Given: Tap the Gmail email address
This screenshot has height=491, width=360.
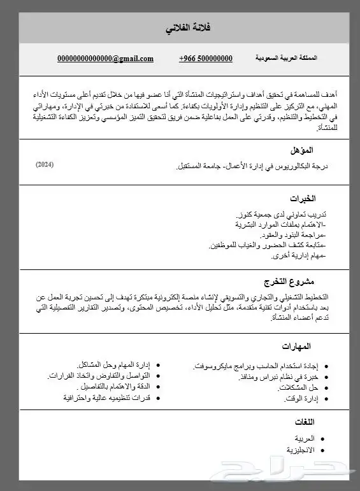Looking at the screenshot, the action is click(105, 59).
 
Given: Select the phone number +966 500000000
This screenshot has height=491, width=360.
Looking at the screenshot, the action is click(206, 59).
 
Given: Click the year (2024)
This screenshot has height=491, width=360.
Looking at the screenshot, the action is click(45, 165).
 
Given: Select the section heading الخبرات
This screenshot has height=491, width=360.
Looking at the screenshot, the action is click(303, 199).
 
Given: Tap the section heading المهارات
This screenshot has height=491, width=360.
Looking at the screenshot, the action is click(297, 346).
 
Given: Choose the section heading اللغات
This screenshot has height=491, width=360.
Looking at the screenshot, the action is click(305, 422).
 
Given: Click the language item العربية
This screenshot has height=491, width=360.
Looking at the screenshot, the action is click(304, 439).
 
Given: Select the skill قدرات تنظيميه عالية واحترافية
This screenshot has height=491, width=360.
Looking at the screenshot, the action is click(106, 398).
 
